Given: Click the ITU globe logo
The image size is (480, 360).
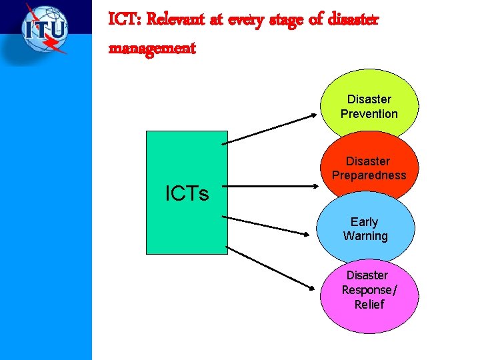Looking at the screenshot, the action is click(45, 30).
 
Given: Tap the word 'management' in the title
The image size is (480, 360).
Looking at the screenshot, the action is click(151, 49).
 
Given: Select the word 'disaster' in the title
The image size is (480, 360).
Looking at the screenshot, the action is click(353, 20).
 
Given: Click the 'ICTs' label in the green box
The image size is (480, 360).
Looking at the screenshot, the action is click(187, 194).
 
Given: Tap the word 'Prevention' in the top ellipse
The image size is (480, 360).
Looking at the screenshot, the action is click(369, 114).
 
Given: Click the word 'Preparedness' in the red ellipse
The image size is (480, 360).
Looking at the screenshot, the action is click(369, 175).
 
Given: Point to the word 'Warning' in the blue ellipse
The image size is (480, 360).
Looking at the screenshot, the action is click(365, 236).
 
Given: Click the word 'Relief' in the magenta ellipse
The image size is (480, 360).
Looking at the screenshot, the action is click(369, 305).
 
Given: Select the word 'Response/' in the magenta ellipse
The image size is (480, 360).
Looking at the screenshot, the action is click(369, 290).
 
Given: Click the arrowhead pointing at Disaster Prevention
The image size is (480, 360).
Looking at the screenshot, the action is click(315, 115).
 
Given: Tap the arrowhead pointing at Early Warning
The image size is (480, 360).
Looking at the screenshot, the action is click(310, 234).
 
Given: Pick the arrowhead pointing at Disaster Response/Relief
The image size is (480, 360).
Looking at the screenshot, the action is click(312, 287).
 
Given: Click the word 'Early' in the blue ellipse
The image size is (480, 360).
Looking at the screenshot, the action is click(364, 222).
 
